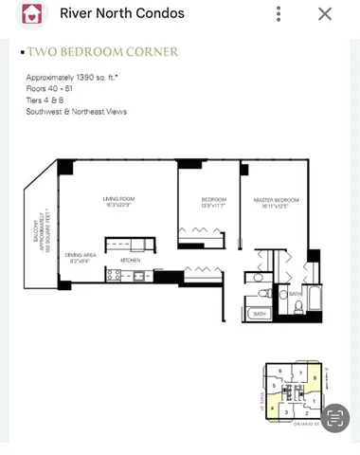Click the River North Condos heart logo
point(32,14)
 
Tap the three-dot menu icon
point(279,14)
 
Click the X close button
point(325,14)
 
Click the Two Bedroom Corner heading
point(102,52)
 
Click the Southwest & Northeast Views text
point(77,111)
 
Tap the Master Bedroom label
point(276,202)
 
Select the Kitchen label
point(130,260)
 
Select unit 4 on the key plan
point(273,409)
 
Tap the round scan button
point(334,417)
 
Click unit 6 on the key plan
point(280,371)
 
